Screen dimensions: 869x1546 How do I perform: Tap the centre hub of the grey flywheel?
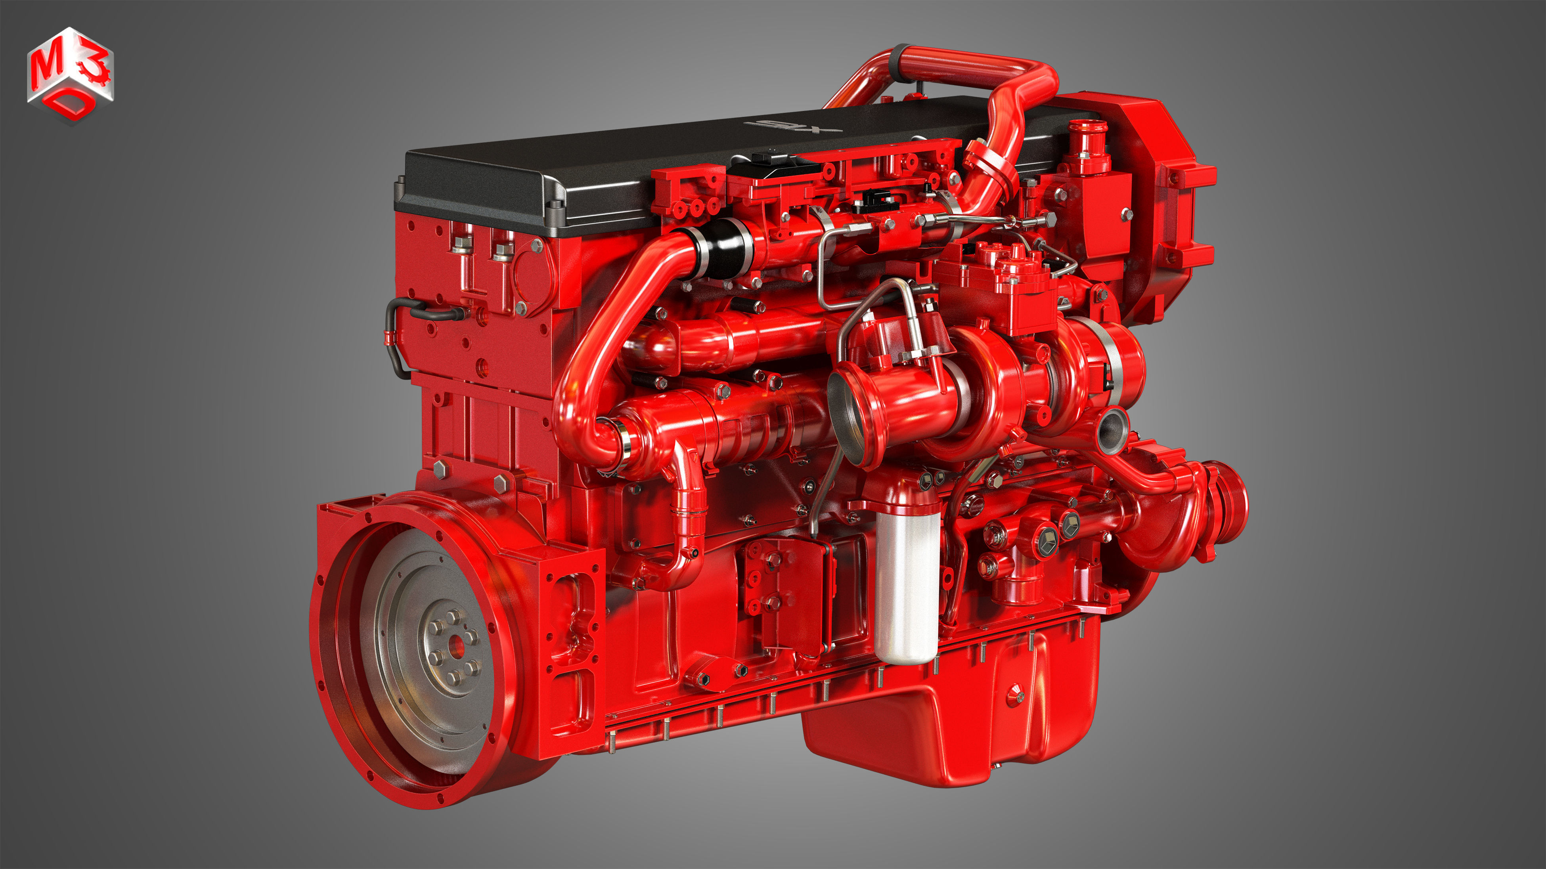(x=455, y=647)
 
